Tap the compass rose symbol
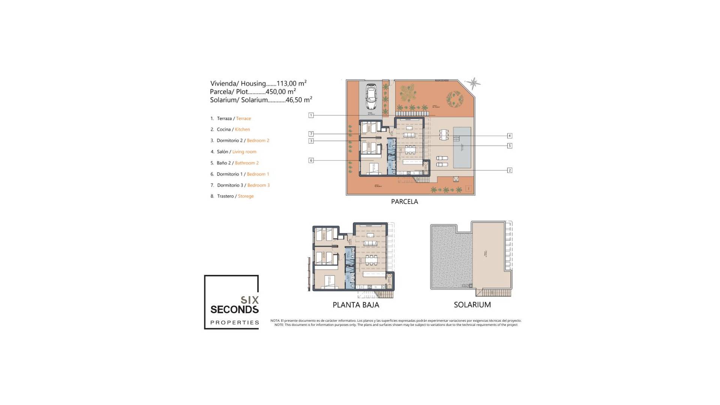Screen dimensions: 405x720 [474, 83]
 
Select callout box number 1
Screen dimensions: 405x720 [311, 115]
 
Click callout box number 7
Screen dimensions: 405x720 [311, 134]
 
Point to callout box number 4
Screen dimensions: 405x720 [509, 136]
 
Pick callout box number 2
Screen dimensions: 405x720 [509, 170]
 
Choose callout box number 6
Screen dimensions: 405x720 [311, 160]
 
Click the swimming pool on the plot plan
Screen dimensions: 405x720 [462, 147]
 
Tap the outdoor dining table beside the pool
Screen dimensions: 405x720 [444, 134]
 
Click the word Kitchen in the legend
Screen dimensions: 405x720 [242, 129]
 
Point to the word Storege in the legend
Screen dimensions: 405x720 [246, 196]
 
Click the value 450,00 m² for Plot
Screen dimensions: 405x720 [280, 91]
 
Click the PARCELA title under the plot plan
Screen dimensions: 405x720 [404, 201]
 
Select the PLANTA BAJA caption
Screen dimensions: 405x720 [356, 305]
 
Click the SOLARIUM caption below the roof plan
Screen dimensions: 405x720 [472, 305]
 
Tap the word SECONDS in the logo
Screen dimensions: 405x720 [234, 310]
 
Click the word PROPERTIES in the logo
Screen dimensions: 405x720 [235, 322]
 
